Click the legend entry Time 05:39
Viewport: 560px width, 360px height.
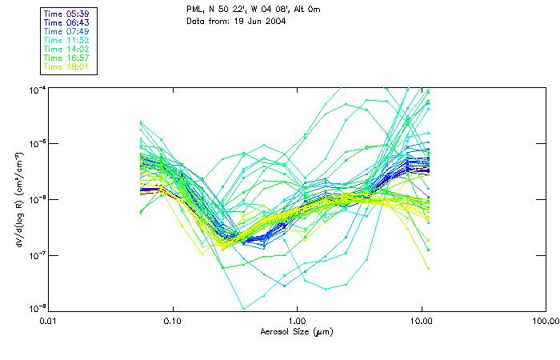pos(67,14)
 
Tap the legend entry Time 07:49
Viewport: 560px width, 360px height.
pos(67,31)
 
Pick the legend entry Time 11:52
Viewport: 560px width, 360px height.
pos(67,40)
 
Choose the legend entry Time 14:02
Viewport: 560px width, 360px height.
pos(67,49)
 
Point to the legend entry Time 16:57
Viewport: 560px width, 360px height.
pos(67,58)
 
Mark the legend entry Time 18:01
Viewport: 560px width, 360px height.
pos(67,66)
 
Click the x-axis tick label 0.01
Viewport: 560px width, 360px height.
pos(49,321)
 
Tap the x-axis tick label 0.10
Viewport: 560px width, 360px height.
pos(173,321)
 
